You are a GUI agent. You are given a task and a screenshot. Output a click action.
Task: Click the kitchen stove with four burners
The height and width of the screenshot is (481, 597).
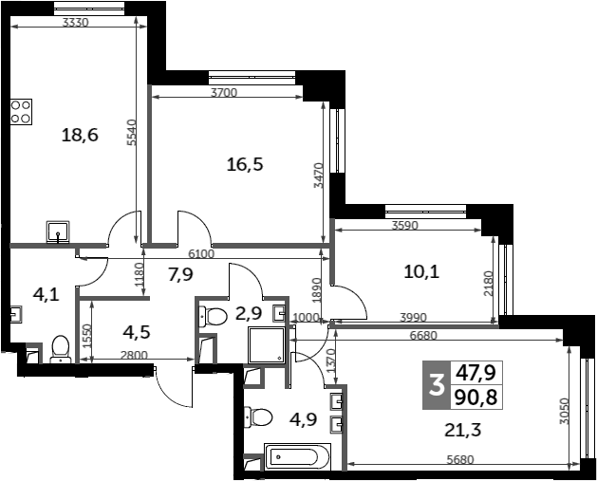click(x=21, y=112)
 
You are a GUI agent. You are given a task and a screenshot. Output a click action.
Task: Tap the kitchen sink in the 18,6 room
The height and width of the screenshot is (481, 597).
click(x=58, y=231)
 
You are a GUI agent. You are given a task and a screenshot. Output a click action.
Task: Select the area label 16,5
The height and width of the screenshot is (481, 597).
click(x=245, y=165)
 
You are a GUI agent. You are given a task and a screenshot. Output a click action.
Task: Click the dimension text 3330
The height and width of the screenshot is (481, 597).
click(x=75, y=23)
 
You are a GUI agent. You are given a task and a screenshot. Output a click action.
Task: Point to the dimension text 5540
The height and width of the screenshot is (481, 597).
click(x=131, y=133)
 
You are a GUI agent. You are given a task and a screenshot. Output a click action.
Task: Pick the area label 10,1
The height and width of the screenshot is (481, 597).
click(x=421, y=272)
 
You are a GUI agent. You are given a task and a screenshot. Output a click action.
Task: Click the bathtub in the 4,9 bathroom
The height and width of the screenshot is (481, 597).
click(x=297, y=456)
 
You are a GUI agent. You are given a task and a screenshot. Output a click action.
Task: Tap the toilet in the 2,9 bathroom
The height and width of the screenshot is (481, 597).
click(x=213, y=316)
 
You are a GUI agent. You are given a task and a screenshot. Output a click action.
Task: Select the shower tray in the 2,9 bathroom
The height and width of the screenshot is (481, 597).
click(x=267, y=344)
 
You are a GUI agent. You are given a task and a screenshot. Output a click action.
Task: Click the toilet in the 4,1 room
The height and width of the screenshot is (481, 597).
click(x=61, y=349)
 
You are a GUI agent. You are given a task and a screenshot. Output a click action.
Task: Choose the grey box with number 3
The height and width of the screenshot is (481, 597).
click(x=437, y=385)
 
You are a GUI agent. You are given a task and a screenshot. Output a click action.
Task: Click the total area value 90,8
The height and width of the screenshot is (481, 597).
click(x=476, y=398)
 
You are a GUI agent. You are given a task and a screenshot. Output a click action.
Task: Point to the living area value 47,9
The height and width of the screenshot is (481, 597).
click(x=476, y=373)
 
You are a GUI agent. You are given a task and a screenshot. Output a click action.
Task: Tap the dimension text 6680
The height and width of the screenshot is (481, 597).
click(x=424, y=335)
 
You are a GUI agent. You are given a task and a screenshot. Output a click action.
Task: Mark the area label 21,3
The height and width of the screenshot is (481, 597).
click(x=463, y=430)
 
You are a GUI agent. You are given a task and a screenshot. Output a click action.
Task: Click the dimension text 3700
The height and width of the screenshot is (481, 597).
click(x=224, y=92)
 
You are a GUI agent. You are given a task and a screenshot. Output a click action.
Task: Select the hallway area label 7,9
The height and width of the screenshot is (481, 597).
click(x=181, y=274)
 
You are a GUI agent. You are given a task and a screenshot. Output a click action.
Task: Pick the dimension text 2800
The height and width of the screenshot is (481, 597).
click(x=134, y=356)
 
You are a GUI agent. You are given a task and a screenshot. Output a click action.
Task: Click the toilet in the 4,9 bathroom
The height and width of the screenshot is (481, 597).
click(x=258, y=416)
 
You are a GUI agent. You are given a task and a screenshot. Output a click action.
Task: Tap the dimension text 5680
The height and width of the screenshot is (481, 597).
click(x=460, y=460)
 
